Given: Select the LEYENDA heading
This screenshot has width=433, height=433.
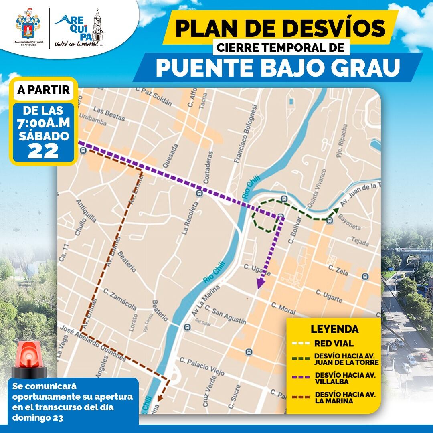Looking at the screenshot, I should pyautogui.click(x=334, y=329).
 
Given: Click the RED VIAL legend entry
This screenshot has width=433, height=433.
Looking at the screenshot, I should pyautogui.click(x=334, y=344).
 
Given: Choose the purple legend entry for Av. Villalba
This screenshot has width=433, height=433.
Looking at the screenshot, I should pyautogui.click(x=345, y=378).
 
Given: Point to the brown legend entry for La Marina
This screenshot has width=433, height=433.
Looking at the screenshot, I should pyautogui.click(x=345, y=397).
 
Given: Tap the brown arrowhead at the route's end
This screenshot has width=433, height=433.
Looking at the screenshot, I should pyautogui.click(x=160, y=398).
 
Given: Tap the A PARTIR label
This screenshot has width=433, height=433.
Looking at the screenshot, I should pyautogui.click(x=44, y=89).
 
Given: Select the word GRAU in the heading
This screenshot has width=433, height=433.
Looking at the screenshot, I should pyautogui.click(x=364, y=68).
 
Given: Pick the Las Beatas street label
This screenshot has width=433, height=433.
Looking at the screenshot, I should pyautogui.click(x=109, y=114).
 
